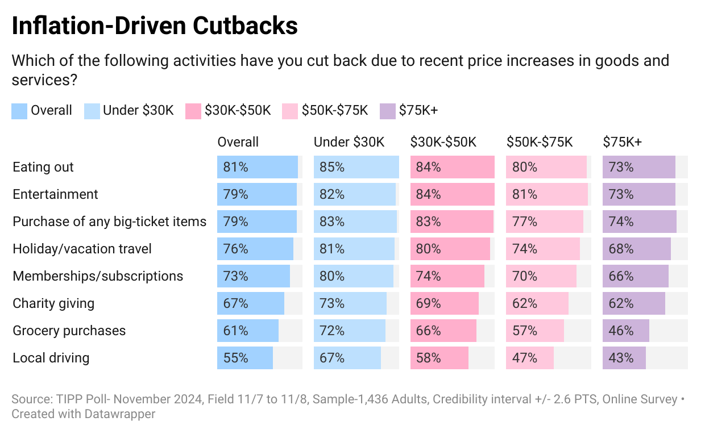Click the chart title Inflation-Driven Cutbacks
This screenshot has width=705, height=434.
(x=155, y=26)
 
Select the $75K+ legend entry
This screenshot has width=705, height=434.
(x=409, y=110)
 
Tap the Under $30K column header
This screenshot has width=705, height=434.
(x=349, y=142)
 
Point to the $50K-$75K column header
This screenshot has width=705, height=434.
(x=540, y=142)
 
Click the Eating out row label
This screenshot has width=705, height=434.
(x=43, y=167)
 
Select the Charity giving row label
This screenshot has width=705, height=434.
(x=53, y=303)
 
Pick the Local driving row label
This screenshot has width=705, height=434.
(x=51, y=358)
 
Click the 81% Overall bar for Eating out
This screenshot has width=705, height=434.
(x=257, y=167)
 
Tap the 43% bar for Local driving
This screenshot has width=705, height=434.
(x=624, y=358)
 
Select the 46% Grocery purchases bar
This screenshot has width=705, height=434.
(x=626, y=331)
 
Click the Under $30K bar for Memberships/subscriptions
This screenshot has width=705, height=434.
(x=353, y=276)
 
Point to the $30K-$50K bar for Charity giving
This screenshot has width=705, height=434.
(x=444, y=303)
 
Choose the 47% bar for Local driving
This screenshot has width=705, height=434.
(x=529, y=358)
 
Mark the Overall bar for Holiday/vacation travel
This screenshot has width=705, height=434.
(x=255, y=249)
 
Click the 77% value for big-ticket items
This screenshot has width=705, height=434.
(x=525, y=222)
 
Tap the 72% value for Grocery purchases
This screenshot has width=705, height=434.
(x=332, y=331)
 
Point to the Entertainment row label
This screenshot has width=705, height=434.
(x=56, y=194)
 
